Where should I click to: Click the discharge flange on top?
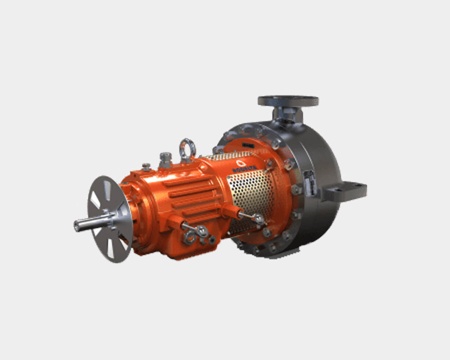[288, 100]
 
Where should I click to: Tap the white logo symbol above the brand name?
[241, 163]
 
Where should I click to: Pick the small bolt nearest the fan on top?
[146, 167]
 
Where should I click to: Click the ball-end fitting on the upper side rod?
[259, 219]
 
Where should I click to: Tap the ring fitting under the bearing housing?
[189, 237]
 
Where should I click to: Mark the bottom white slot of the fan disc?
[110, 250]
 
